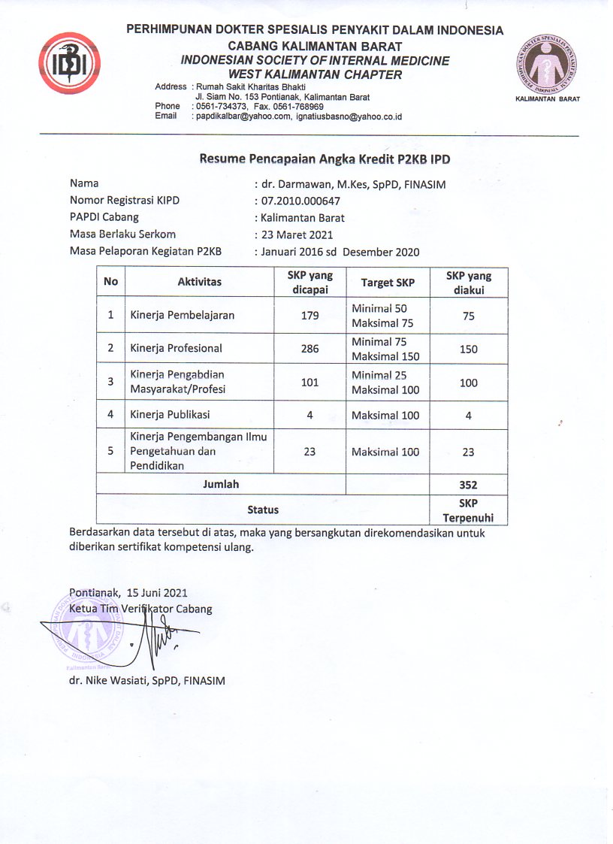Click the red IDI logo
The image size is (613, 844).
point(70,62)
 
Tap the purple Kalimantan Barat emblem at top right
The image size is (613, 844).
point(548,65)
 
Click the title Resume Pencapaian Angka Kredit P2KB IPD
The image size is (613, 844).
point(325,159)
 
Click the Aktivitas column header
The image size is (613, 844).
point(200,283)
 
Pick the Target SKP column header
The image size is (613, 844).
point(386,283)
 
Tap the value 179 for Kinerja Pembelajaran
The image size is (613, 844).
point(310,316)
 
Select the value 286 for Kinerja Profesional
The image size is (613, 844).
point(310,349)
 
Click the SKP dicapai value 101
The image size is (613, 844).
point(310,382)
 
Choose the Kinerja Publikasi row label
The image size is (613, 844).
point(170,415)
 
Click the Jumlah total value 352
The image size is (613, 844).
point(469,485)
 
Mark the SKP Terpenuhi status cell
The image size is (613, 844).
point(469,510)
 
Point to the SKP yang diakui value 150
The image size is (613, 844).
point(469,349)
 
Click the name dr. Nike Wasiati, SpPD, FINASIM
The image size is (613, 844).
point(146,681)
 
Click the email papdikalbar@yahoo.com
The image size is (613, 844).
point(243,116)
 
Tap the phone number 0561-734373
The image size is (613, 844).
point(219,107)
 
